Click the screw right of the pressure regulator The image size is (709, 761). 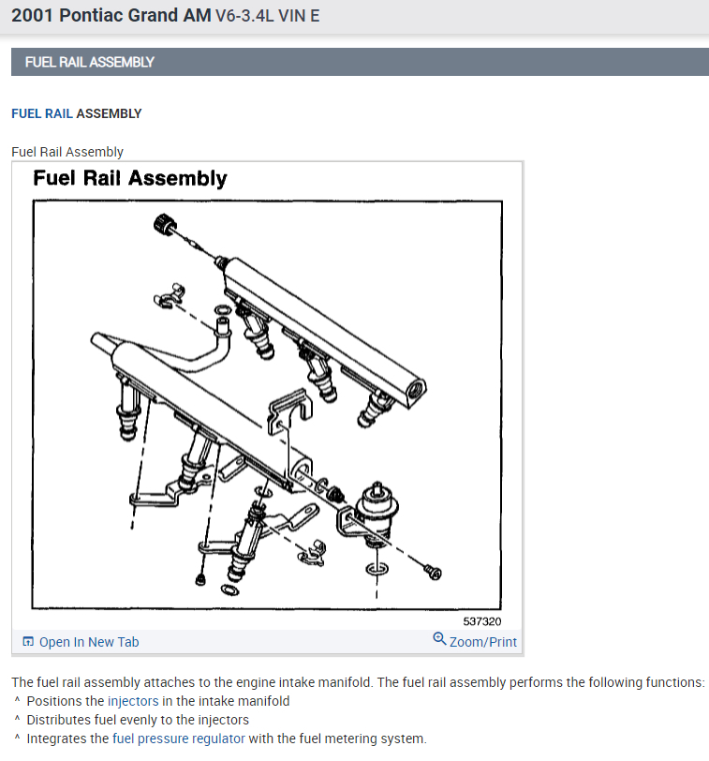coord(433,571)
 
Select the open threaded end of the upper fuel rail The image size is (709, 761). coord(414,385)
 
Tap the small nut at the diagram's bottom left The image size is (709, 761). coord(200,579)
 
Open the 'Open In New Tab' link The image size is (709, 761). coord(88,642)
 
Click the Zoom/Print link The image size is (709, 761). coord(482,642)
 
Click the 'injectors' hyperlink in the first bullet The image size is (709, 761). coord(133,701)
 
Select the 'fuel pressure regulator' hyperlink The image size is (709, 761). coord(178,739)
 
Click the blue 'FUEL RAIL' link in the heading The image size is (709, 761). coord(41,113)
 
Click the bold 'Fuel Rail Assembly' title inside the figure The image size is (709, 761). coord(130,178)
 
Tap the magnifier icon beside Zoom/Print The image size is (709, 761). coord(439,639)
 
